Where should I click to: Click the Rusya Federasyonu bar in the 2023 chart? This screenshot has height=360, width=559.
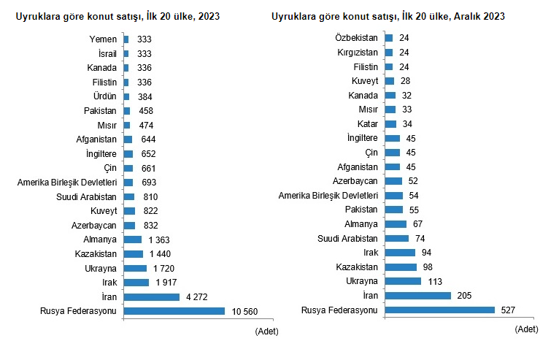pos(174,311)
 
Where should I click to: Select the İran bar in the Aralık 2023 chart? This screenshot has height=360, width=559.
pos(417,295)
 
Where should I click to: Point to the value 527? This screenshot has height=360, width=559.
pos(508,310)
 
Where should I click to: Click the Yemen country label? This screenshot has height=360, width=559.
pos(102,39)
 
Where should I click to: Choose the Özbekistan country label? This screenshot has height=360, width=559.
pos(357,37)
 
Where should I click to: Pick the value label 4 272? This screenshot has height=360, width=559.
pos(196,296)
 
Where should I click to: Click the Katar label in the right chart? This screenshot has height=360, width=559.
pos(368,123)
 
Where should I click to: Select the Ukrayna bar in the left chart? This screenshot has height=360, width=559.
pos(135,268)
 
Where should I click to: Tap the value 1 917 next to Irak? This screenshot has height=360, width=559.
pos(166,282)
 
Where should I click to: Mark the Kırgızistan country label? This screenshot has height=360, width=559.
pos(358,52)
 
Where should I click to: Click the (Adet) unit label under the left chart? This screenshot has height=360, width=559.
pos(266,332)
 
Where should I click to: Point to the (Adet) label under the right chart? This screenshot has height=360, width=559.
pos(526,329)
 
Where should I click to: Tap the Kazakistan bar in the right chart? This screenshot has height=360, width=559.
pos(400,267)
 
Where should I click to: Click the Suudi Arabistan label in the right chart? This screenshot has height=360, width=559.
pos(347,238)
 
